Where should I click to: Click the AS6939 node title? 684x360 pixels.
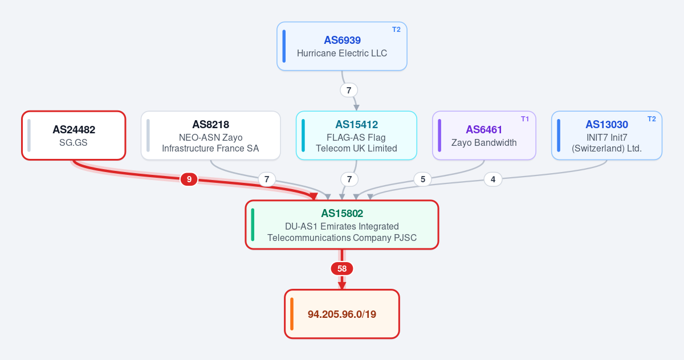tap(342, 40)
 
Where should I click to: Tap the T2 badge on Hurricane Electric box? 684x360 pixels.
tap(396, 30)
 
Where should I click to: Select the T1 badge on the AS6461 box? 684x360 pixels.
tap(524, 119)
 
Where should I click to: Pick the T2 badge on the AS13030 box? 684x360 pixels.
tap(652, 119)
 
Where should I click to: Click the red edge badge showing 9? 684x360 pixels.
tap(189, 179)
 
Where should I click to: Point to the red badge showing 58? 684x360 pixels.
tap(342, 268)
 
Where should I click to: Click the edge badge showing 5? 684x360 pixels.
tap(422, 179)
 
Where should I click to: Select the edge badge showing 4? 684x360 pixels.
tap(493, 179)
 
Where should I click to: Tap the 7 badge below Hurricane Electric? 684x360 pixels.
tap(349, 91)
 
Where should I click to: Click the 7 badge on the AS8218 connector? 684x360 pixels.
tap(267, 179)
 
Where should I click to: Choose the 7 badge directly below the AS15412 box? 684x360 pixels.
tap(349, 179)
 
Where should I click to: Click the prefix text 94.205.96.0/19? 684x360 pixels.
tap(342, 314)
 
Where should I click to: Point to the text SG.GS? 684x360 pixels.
tap(74, 142)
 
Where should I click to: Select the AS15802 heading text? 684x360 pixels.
tap(342, 213)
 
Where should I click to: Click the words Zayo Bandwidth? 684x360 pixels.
tap(484, 142)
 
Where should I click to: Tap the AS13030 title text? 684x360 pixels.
tap(606, 125)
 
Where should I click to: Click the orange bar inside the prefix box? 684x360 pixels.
tap(292, 314)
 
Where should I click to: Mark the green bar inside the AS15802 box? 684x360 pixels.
tap(253, 225)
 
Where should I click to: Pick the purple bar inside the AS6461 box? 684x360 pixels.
tap(439, 136)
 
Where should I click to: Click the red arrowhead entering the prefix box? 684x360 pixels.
tap(342, 285)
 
